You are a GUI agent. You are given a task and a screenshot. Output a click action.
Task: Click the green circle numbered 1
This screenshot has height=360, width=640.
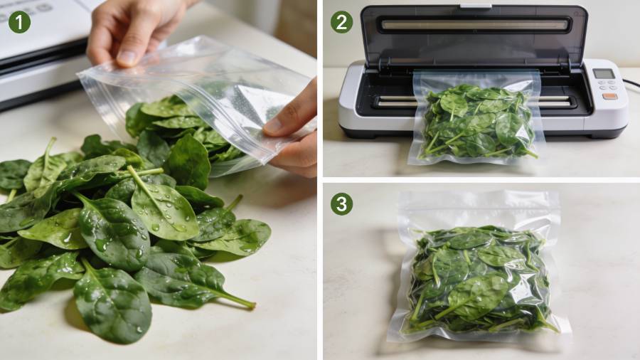click(19, 21)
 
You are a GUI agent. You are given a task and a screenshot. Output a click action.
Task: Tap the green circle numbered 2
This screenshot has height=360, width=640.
click(341, 21)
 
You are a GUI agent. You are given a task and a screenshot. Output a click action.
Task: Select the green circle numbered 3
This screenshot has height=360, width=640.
click(341, 203)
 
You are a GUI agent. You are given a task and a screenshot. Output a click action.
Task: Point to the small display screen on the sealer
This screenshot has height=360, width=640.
click(603, 74)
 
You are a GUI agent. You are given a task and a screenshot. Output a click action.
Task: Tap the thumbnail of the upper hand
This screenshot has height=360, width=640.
click(128, 58)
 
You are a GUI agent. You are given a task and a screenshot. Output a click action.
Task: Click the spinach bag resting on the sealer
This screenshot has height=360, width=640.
click(476, 118)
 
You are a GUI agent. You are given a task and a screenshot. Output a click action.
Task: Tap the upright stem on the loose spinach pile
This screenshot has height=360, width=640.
click(49, 151)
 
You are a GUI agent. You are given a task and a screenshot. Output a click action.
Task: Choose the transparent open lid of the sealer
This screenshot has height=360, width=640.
click(474, 35)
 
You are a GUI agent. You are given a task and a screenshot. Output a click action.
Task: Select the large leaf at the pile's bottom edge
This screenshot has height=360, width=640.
click(112, 305)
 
